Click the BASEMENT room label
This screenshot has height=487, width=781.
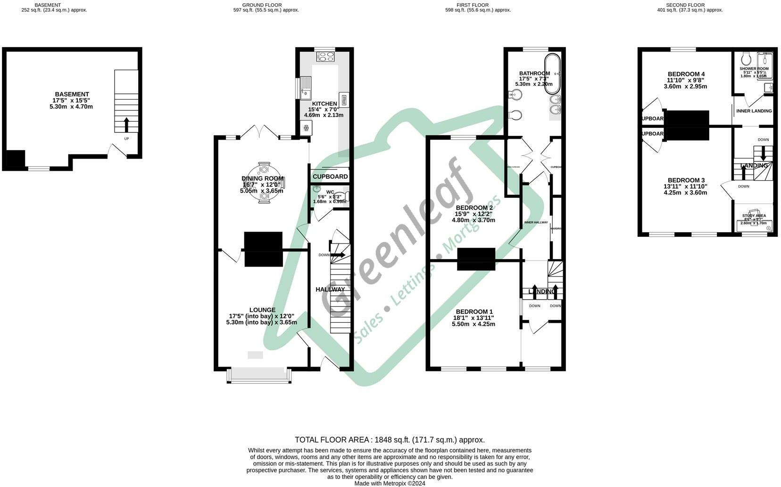click(x=72, y=94)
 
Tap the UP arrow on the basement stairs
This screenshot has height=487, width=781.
click(x=126, y=125)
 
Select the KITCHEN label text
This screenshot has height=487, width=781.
click(x=324, y=104)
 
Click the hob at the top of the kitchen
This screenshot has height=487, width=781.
click(x=325, y=57)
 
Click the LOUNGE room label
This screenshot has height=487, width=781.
click(x=262, y=310)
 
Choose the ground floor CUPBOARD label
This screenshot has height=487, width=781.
click(x=330, y=176)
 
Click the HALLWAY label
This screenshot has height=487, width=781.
click(x=330, y=289)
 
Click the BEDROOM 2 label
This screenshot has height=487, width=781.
click(x=474, y=208)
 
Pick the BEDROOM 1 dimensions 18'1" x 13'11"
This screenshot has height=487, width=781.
click(x=474, y=318)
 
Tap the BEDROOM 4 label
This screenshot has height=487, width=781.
click(x=686, y=74)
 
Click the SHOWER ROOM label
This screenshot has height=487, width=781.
click(x=754, y=69)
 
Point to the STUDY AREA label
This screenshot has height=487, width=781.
click(x=754, y=216)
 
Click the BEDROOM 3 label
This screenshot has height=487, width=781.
click(x=686, y=180)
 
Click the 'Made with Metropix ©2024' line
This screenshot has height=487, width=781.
click(x=390, y=483)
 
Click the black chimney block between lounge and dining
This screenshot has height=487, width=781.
click(x=263, y=249)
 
